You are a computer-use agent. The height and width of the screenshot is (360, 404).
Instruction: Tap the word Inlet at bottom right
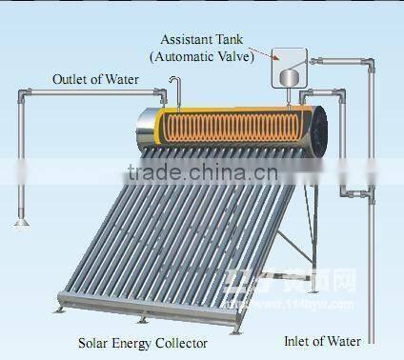pos(300,339)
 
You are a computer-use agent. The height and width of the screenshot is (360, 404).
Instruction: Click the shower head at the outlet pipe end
pos(19,226)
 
